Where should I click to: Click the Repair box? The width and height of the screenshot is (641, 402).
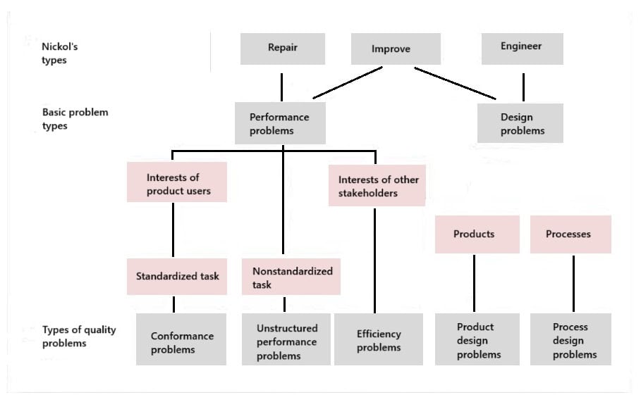(x=282, y=49)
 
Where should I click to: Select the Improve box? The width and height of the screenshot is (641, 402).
(x=396, y=49)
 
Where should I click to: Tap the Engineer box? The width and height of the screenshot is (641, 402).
(x=522, y=47)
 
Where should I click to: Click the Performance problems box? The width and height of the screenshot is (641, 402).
(x=280, y=124)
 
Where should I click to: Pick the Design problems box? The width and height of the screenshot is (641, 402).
(x=520, y=124)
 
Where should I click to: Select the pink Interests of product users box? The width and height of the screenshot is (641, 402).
(x=177, y=183)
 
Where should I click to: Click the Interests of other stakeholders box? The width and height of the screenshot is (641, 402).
(x=378, y=186)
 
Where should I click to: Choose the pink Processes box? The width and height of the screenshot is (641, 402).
(x=570, y=234)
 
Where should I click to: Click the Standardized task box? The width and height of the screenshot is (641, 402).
(x=177, y=276)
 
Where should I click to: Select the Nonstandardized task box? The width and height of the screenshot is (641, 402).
(x=291, y=277)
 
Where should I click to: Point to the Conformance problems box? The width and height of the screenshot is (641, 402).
(x=181, y=342)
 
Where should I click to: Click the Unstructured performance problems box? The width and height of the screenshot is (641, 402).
(x=286, y=342)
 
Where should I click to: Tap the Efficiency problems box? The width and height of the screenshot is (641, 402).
(x=378, y=340)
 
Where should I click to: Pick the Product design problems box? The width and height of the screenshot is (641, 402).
(x=477, y=340)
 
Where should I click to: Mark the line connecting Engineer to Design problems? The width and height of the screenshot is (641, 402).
(x=523, y=87)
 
